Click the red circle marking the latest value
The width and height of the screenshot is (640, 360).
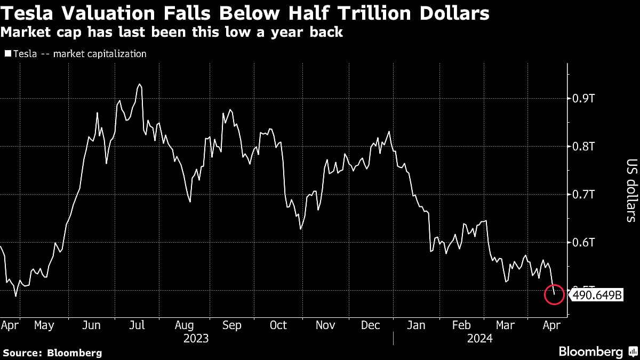[554, 294]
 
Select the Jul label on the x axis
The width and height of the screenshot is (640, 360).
[137, 325]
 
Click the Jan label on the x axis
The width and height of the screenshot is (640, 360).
[416, 325]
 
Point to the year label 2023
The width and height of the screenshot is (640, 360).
[196, 339]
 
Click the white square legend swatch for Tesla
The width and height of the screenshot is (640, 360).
[7, 54]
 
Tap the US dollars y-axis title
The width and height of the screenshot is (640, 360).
[631, 190]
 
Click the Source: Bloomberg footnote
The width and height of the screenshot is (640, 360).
[52, 353]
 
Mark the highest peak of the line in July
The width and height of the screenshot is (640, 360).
[139, 84]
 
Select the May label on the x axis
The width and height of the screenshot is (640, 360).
[44, 325]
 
